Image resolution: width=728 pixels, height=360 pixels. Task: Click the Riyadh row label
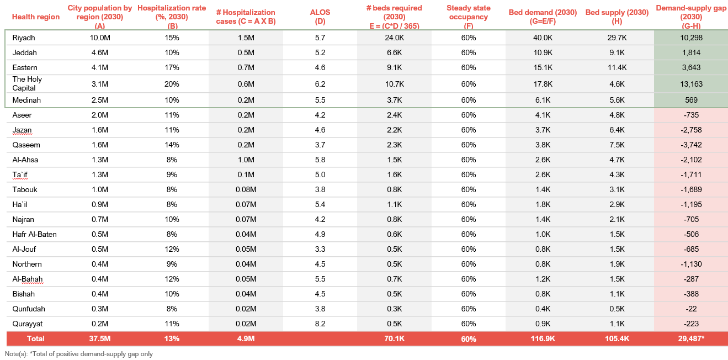pos(23,38)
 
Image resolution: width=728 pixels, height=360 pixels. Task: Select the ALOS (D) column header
pos(320,17)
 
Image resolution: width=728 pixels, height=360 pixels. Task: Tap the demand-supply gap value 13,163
pos(690,84)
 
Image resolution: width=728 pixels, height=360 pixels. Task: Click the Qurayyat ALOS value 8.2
pos(320,324)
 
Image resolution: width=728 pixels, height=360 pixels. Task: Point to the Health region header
pos(36,17)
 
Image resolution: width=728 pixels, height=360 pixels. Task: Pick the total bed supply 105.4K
pos(617,338)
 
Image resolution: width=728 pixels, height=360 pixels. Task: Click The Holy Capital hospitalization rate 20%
pos(172,84)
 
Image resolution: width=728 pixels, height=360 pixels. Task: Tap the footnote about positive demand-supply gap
pos(79,354)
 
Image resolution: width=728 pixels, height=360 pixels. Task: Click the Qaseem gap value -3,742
pos(690,145)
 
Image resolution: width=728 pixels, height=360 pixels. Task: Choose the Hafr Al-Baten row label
pos(34,234)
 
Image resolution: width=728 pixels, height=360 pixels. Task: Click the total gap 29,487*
pos(690,338)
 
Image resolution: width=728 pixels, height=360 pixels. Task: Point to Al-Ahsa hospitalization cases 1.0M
pos(246,160)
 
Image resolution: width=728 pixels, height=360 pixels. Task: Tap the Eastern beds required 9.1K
pos(395,67)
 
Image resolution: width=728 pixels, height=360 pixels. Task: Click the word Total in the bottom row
pos(35,338)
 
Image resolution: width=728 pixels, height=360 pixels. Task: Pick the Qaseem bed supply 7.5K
pos(617,145)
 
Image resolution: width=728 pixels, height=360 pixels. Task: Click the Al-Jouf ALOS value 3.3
pos(320,249)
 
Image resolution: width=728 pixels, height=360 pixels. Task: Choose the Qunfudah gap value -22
pos(690,309)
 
